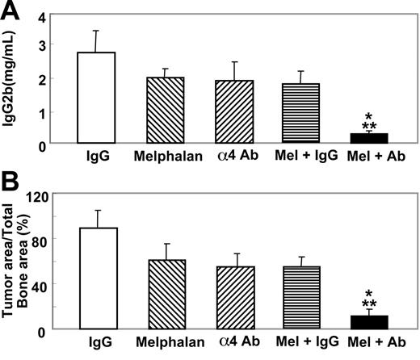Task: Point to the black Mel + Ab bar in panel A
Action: coord(367,138)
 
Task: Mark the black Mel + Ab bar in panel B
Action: coord(367,322)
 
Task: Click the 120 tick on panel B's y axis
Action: coord(38,195)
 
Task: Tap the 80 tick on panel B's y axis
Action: coord(41,239)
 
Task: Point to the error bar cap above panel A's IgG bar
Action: coord(97,31)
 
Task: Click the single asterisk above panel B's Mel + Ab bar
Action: coord(367,292)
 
